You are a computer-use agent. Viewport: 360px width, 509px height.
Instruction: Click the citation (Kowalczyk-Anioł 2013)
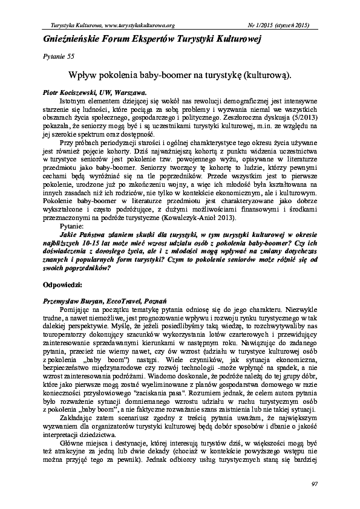[198, 218]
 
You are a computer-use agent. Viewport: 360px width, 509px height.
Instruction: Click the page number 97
[314, 484]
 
